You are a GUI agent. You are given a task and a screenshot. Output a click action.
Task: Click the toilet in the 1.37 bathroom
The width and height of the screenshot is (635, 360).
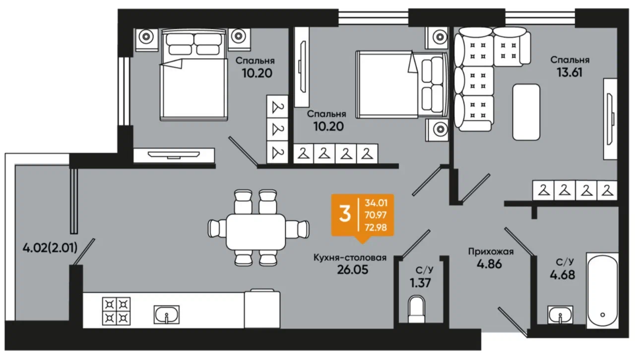coord(416,309)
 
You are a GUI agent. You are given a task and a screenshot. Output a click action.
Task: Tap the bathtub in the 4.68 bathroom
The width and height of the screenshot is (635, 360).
coord(602,291)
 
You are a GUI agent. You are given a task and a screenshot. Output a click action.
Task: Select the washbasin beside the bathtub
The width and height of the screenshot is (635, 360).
coord(560,315)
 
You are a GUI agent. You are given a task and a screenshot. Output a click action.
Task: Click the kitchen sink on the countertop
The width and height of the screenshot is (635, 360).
coord(166,315)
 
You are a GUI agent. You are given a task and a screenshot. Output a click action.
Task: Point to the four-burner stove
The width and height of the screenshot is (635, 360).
coord(116,311)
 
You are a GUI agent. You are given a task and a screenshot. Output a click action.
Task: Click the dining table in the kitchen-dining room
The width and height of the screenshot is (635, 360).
coord(255,232)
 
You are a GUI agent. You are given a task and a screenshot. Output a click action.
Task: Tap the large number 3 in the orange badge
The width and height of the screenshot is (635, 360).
coord(345,214)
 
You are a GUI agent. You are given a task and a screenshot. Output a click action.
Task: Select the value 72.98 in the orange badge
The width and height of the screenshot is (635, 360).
coord(376,227)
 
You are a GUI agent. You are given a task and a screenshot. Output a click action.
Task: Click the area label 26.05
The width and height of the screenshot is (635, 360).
coord(352,270)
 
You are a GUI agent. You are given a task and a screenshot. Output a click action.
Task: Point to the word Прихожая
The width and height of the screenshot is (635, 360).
coord(491,252)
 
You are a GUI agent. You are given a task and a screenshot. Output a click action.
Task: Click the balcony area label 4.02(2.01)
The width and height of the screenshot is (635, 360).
coord(50,248)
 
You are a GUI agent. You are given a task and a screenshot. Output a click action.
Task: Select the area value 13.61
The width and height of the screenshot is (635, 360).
coord(570,72)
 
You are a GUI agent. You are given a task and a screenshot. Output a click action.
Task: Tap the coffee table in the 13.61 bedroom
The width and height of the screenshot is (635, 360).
coord(526,112)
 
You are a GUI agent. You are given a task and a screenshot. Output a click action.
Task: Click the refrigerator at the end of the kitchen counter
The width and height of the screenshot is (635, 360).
coord(262,309)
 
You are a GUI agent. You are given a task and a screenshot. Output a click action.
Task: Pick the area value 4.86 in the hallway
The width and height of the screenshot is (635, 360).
coord(489,264)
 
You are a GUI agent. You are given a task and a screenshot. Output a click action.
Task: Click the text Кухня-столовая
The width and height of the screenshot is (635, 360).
coord(350,258)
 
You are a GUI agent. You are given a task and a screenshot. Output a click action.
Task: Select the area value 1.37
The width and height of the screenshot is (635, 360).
coord(420,283)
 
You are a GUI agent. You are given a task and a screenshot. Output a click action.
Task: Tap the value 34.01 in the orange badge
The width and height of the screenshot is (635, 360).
coord(376,203)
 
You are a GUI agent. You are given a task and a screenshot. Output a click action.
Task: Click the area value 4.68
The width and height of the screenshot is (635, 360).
coord(563,275)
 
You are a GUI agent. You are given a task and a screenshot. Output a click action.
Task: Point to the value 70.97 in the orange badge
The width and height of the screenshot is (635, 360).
coord(376,215)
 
